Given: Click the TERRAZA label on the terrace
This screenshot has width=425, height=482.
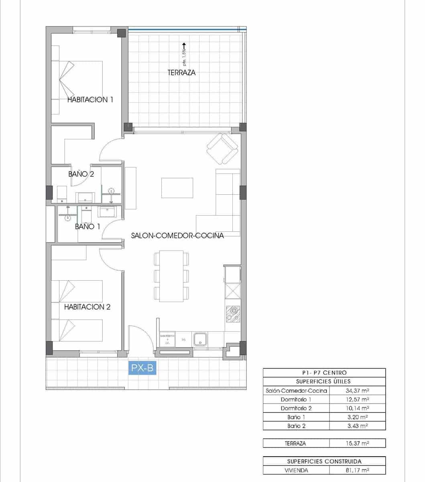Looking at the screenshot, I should [181, 73].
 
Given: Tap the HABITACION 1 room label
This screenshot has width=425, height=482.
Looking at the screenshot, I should [90, 100].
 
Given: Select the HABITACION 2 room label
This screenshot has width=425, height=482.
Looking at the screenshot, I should [87, 307].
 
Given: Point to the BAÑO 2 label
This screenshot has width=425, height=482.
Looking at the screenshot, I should [81, 174].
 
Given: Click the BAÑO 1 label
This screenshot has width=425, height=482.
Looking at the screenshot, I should [87, 227].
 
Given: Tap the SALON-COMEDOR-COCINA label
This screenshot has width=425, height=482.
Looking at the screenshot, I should [177, 236].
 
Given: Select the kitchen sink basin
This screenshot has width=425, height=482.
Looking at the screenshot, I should [200, 339].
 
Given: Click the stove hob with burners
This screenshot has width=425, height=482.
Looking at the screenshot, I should [233, 313].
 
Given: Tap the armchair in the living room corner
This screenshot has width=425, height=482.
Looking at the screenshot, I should [222, 148].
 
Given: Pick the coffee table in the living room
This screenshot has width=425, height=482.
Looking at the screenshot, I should [177, 188].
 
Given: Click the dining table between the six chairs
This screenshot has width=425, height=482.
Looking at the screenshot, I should [171, 276].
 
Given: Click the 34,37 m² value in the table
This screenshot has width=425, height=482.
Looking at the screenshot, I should [357, 390].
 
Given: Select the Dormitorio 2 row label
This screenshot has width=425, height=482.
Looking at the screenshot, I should [296, 408].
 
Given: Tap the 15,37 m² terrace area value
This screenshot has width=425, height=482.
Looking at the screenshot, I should [357, 443].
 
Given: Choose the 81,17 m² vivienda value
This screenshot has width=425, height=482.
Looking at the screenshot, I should [357, 470].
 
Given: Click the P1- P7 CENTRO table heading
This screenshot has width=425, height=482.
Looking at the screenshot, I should [324, 373].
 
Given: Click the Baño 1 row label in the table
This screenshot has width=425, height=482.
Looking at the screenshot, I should [296, 417].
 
